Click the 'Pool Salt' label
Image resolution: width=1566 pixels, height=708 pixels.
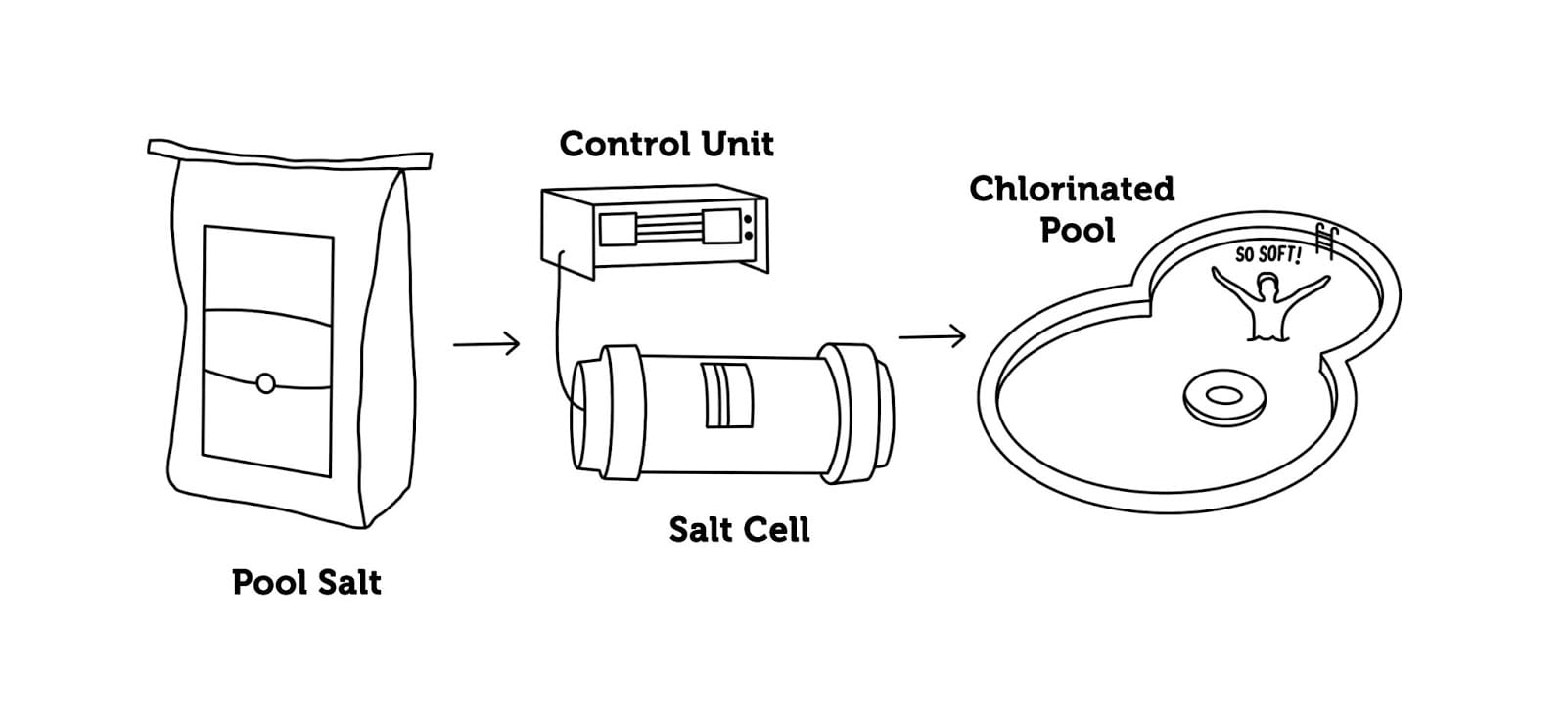tap(306, 583)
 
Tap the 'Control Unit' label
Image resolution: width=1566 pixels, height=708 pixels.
tap(667, 145)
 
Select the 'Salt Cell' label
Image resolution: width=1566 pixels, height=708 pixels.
tap(739, 530)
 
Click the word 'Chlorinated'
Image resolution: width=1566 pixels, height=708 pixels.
tap(1072, 189)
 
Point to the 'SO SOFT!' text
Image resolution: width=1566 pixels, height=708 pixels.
tap(1268, 255)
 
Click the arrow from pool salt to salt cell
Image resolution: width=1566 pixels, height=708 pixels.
tap(486, 344)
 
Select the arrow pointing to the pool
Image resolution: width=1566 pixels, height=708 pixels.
tap(932, 337)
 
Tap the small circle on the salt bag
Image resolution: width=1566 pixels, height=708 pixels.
tap(265, 383)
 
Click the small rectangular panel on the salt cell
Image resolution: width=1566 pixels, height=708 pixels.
tap(729, 395)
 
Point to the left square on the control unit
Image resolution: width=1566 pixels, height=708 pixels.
tap(618, 229)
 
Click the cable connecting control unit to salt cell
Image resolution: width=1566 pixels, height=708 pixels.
tap(554, 323)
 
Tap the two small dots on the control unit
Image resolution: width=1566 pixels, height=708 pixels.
tap(749, 228)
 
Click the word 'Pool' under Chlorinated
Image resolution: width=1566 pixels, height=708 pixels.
tap(1077, 231)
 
